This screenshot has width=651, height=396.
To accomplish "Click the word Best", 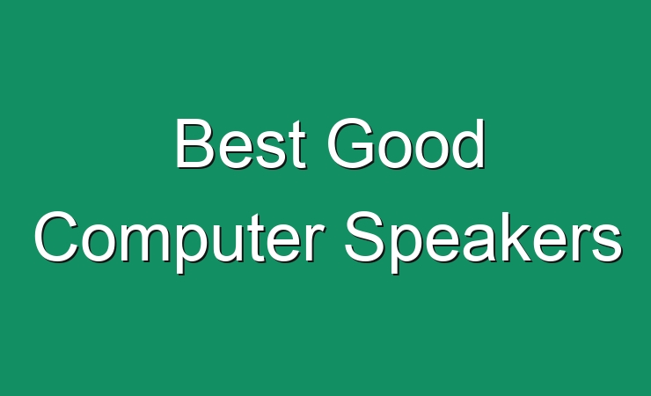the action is tap(241, 143).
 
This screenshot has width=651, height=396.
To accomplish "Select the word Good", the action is tap(406, 143).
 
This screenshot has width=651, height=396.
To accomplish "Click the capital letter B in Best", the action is tap(195, 143).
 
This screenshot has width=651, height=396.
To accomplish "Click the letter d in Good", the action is tap(468, 143).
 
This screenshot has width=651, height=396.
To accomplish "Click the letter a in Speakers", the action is tap(481, 243).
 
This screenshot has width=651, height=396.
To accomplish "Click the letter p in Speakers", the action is tap(407, 249).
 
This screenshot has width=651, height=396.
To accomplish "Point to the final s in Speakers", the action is tap(607, 243).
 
